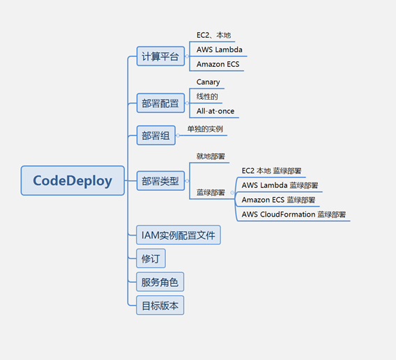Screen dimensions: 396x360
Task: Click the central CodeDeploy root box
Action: pyautogui.click(x=73, y=180)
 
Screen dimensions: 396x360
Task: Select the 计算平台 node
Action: pyautogui.click(x=160, y=56)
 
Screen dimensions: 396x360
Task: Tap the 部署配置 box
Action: pyautogui.click(x=160, y=103)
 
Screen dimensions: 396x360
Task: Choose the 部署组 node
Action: pyautogui.click(x=156, y=136)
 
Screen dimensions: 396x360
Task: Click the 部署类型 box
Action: pyautogui.click(x=160, y=181)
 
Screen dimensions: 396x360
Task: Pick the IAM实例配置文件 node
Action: pyautogui.click(x=178, y=235)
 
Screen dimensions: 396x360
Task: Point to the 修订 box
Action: pyautogui.click(x=151, y=258)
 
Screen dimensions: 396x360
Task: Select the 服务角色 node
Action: pyautogui.click(x=160, y=282)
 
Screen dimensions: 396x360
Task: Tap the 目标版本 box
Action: pyautogui.click(x=160, y=306)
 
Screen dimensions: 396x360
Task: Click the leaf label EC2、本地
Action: pyautogui.click(x=213, y=35)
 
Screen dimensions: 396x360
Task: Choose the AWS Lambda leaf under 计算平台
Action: pyautogui.click(x=220, y=49)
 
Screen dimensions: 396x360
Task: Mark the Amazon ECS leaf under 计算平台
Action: pyautogui.click(x=218, y=64)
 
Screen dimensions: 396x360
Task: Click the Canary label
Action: pyautogui.click(x=208, y=82)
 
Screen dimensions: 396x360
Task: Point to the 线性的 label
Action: pyautogui.click(x=207, y=96)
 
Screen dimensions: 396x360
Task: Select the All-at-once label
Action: pyautogui.click(x=215, y=111)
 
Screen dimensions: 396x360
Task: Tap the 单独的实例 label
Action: pyautogui.click(x=205, y=129)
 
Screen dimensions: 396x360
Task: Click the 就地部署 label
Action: pyautogui.click(x=211, y=156)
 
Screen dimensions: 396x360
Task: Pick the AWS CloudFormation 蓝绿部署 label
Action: pyautogui.click(x=294, y=214)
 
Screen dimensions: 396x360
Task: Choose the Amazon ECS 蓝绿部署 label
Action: pyautogui.click(x=279, y=200)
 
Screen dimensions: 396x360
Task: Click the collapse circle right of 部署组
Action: pyautogui.click(x=178, y=136)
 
